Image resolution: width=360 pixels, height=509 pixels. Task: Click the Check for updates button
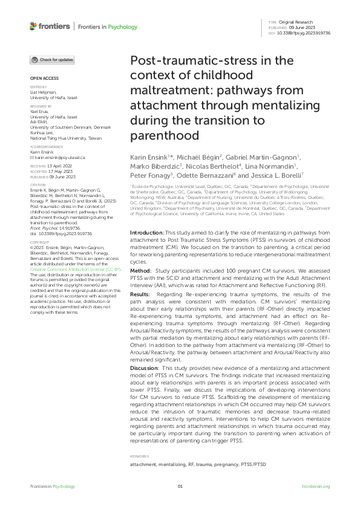pyautogui.click(x=53, y=60)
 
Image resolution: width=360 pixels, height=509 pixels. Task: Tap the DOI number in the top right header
pyautogui.click(x=303, y=33)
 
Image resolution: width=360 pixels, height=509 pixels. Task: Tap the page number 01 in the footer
pyautogui.click(x=180, y=487)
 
